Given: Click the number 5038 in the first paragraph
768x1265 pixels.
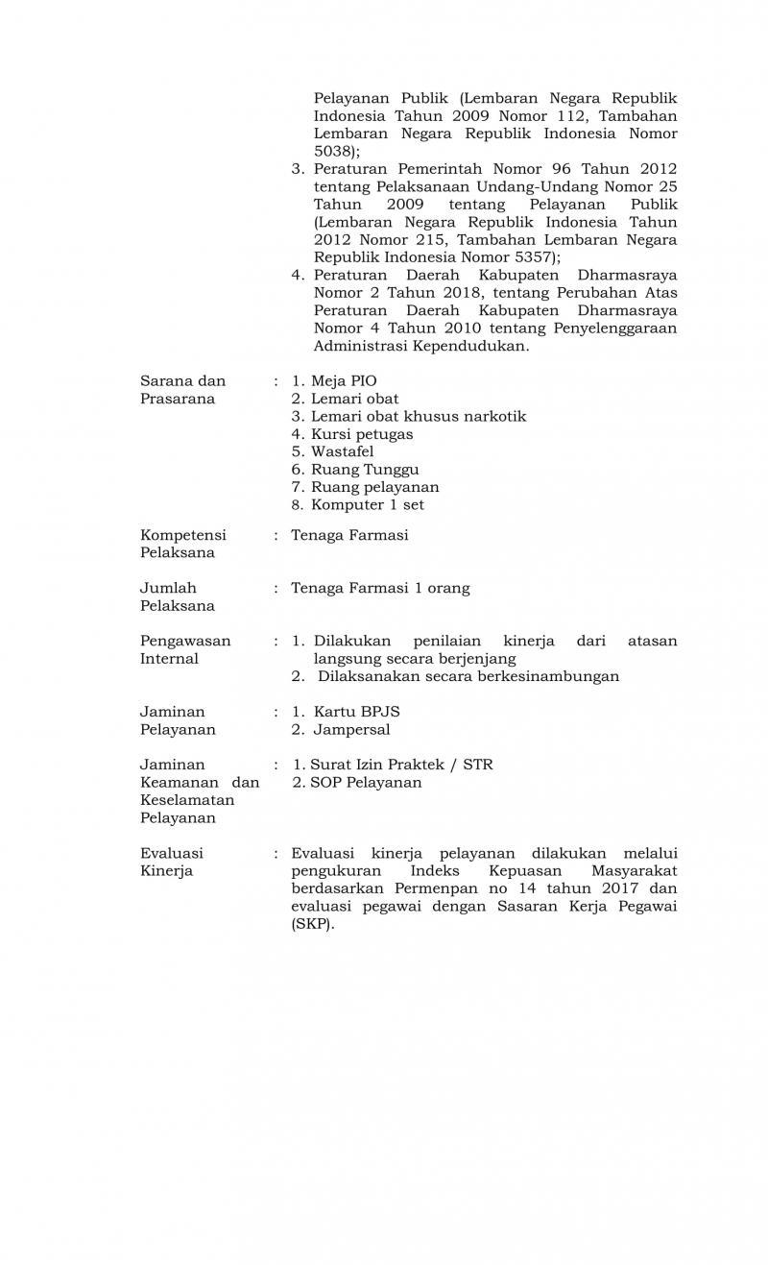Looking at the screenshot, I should click(332, 151).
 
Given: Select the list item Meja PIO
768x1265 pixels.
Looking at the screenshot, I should click(337, 381).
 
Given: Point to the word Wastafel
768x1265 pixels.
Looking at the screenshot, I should click(342, 451).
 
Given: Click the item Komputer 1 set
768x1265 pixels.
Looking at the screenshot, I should click(367, 505).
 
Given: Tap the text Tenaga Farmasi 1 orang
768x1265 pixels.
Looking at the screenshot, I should click(380, 588).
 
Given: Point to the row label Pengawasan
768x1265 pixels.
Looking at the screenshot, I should click(185, 641).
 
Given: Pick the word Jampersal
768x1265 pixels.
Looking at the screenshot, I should click(351, 730).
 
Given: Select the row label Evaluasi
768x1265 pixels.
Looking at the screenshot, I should click(172, 853).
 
